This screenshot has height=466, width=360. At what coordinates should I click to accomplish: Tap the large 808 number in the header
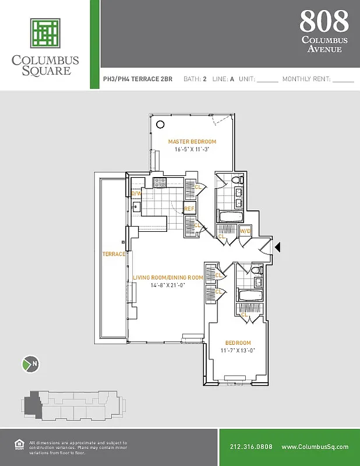324,21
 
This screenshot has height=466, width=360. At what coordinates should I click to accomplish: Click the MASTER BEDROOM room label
192,142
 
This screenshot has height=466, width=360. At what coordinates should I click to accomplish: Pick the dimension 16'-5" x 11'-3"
192,150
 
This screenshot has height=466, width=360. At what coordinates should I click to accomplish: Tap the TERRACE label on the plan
114,255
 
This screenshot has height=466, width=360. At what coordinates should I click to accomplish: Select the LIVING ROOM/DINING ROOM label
168,278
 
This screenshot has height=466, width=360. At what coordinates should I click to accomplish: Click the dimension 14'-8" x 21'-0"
168,285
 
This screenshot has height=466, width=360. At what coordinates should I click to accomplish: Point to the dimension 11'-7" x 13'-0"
238,350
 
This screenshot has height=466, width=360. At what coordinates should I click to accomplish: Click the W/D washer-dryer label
245,231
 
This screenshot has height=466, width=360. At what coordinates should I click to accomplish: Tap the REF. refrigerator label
189,209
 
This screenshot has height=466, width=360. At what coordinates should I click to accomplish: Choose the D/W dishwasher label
136,193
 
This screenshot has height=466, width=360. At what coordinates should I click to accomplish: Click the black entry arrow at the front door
277,248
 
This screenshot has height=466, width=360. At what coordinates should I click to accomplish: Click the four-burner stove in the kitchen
160,183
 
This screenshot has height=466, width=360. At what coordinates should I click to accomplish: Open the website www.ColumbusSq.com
315,447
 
